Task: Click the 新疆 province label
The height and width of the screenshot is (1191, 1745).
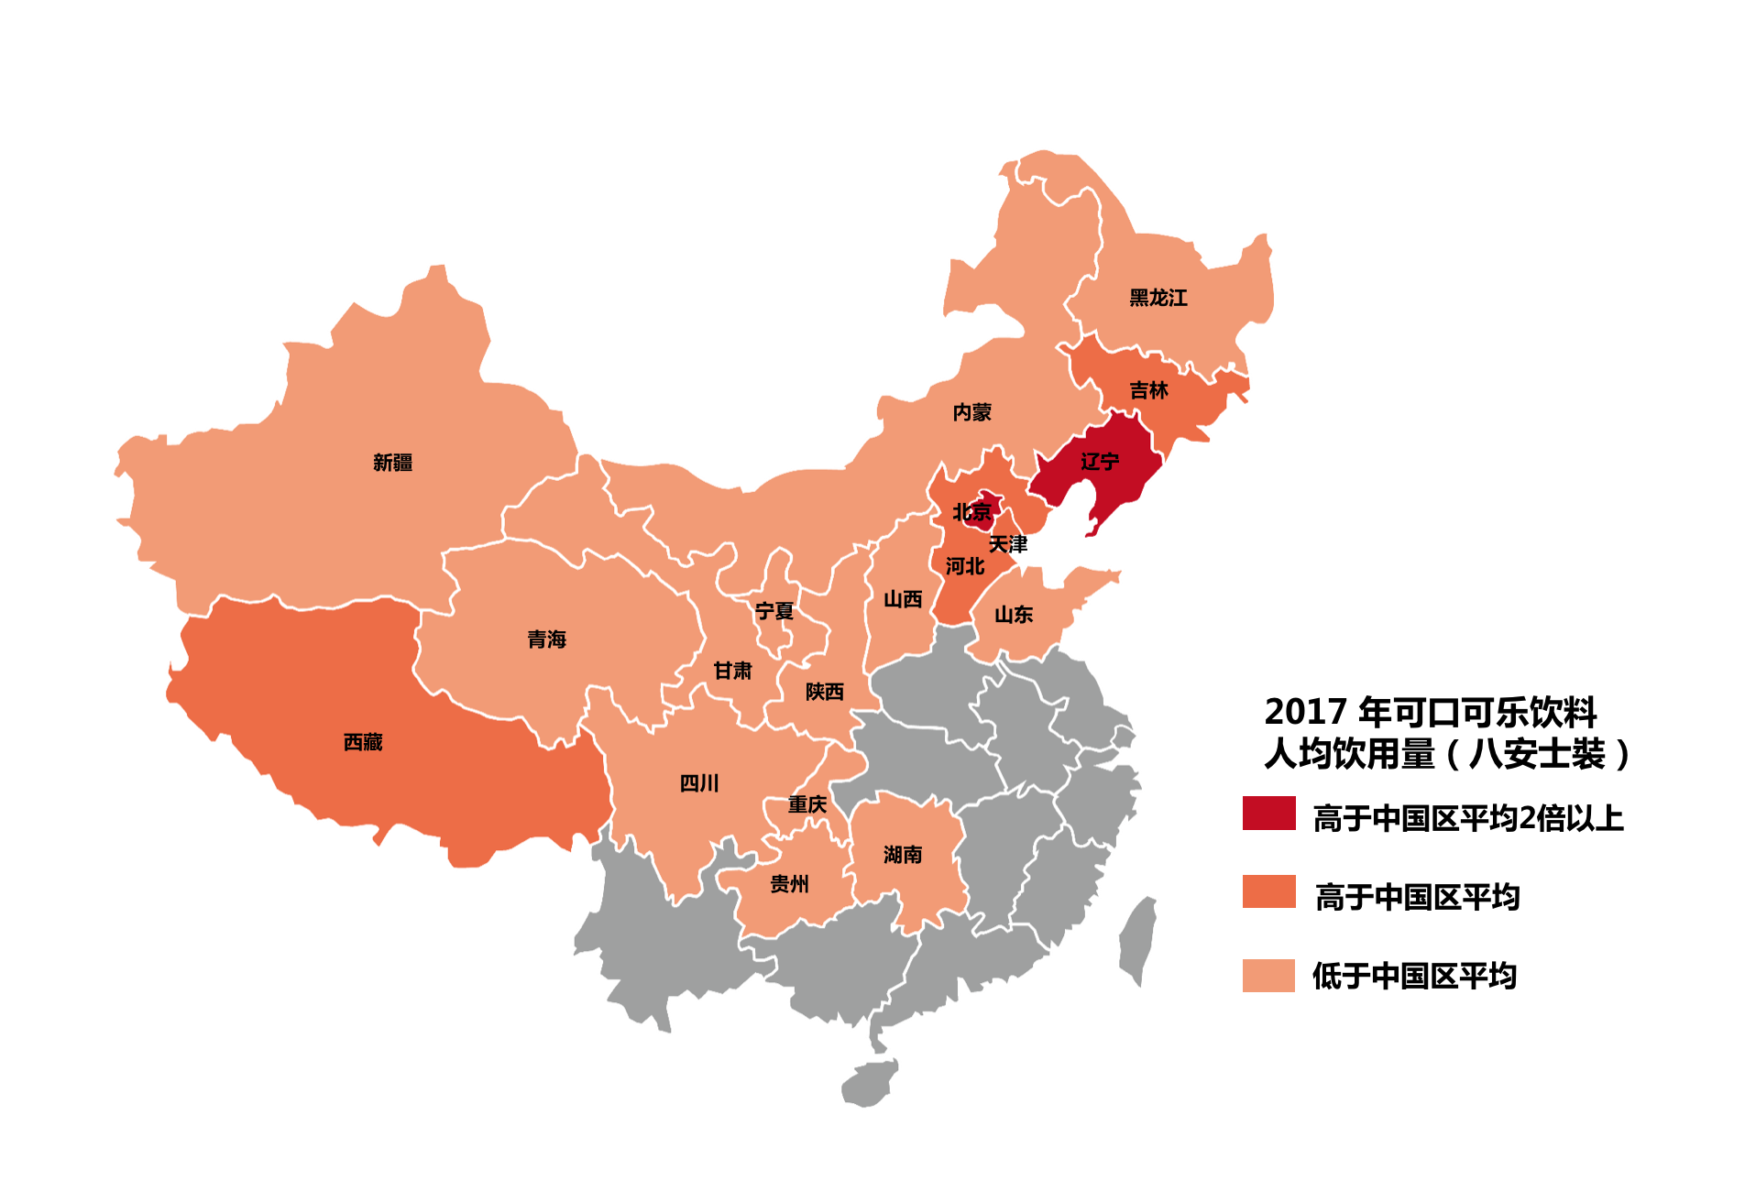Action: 392,463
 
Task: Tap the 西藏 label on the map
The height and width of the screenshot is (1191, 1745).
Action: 363,742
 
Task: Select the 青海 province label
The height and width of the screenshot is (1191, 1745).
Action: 547,639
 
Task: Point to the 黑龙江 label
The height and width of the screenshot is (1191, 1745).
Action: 1158,298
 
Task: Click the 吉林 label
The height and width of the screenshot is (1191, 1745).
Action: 1148,390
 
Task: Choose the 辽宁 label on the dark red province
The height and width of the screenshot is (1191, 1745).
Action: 1100,462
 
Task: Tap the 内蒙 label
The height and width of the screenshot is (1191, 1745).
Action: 972,412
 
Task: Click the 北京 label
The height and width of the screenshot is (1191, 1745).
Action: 972,512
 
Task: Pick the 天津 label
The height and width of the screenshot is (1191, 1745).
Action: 1008,544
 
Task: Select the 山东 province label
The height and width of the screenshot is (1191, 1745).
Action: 1014,615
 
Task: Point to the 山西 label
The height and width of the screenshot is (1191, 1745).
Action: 903,599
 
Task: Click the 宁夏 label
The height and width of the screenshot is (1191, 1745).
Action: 774,611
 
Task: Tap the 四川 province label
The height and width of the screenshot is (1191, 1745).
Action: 699,783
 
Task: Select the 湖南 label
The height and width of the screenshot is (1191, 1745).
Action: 903,855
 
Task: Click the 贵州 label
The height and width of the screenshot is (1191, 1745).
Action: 789,884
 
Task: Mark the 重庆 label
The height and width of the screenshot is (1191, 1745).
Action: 807,804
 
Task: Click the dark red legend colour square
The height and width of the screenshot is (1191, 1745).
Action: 1268,814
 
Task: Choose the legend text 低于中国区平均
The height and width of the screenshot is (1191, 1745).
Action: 1414,976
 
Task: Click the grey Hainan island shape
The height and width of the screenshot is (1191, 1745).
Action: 870,1084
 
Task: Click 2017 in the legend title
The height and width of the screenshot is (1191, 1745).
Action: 1305,712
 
